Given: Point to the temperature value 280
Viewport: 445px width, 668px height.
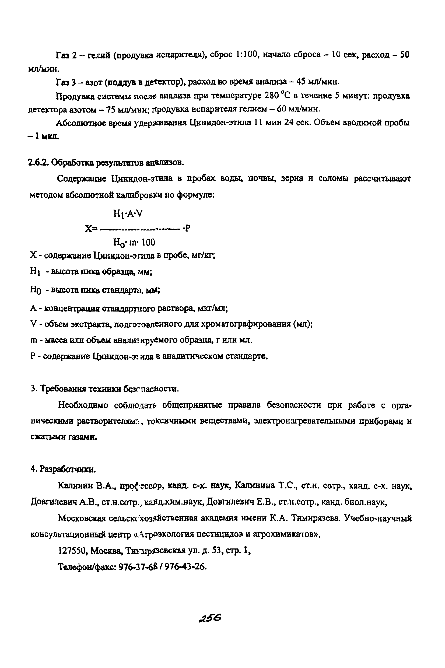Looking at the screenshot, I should (272, 95).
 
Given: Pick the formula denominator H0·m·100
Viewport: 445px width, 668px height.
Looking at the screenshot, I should (134, 242).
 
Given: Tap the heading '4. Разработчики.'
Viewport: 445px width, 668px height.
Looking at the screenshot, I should (63, 469).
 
